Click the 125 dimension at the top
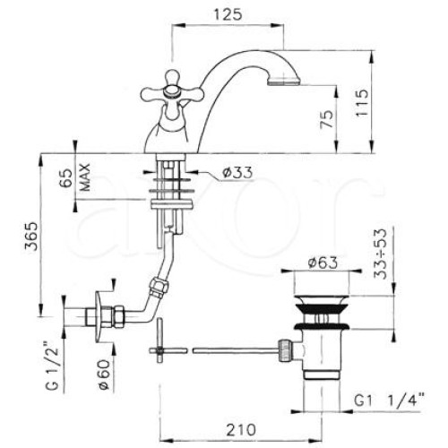pos(228,14)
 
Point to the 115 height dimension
pos(362,102)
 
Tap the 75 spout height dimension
pos(327,119)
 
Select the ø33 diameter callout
pos(237,173)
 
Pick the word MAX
pos(85,177)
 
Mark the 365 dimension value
pos(31,236)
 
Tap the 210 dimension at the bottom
pos(241,430)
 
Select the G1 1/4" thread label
pos(389,401)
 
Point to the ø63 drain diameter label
pos(323,263)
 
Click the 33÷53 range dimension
pos(381,254)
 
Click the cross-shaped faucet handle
pos(169,94)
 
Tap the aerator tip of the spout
pos(284,82)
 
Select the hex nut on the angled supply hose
pos(159,288)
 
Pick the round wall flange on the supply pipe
pos(99,317)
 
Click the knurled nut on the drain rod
pos(285,350)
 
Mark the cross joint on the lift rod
pos(160,350)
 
